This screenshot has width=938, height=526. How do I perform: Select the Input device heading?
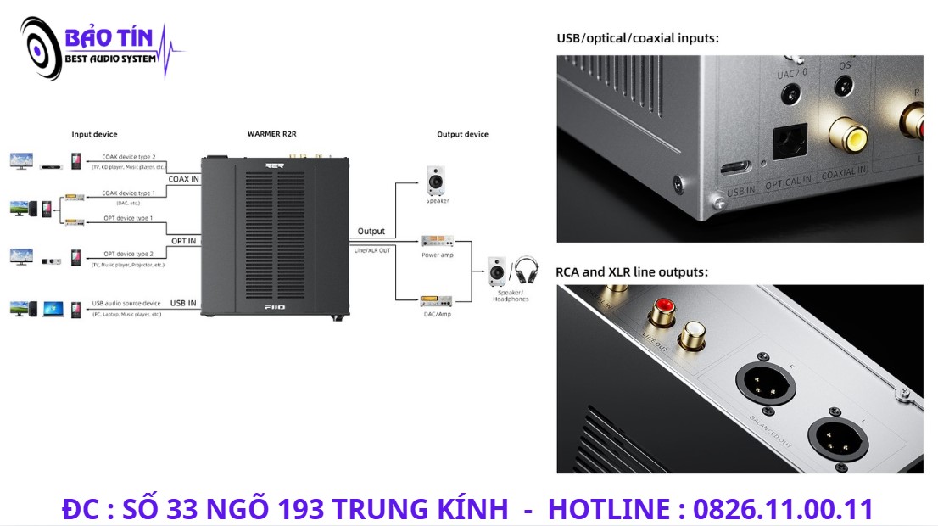94,134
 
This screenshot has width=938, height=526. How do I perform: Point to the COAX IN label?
183,179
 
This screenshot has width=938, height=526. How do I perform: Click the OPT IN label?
183,241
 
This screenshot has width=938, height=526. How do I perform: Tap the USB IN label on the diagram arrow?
183,303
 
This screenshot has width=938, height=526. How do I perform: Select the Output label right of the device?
371,231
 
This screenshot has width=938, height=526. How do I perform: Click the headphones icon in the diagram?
526,270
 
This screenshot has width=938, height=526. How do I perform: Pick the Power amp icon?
437,241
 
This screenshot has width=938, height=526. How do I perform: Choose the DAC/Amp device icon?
436,301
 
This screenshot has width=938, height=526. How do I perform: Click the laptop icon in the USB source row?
53,308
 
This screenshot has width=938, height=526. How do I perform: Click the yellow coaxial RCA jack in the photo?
848,136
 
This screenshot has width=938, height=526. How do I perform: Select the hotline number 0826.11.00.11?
783,509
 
